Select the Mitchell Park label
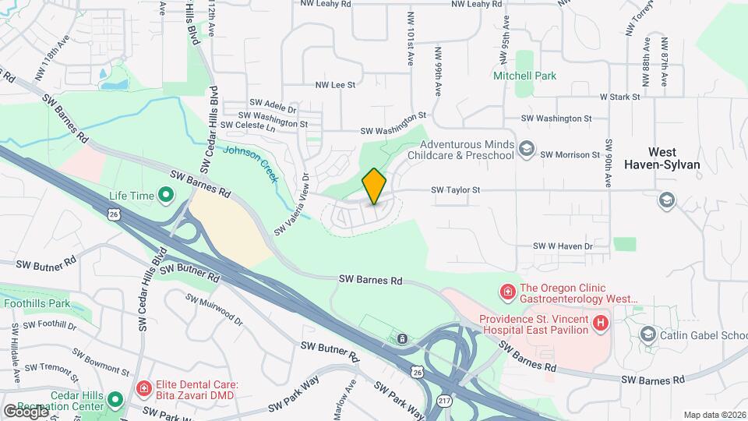coord(524,76)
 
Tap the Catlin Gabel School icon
coord(647,335)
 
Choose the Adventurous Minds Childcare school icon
coord(527,149)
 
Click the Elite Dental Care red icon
coord(143,388)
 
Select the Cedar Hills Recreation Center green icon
coord(115,401)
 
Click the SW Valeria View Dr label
coord(292,204)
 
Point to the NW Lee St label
coord(335,85)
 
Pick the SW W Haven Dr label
coord(563,246)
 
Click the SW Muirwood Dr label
coord(214,309)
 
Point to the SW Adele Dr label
coord(273,102)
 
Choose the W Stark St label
coord(619,97)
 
